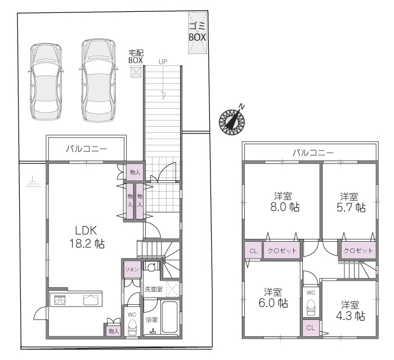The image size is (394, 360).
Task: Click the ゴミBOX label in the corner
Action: point(198,32)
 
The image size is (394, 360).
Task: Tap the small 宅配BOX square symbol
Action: point(136,72)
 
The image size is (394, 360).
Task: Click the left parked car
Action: point(46,82)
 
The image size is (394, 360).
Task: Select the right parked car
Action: point(98,81)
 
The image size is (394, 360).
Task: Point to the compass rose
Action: point(232,121)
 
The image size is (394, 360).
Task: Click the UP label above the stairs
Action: point(163,61)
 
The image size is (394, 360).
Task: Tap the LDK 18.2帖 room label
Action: point(87,237)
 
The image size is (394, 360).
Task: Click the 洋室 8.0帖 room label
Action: point(284,201)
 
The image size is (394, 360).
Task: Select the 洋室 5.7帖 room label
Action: point(351,202)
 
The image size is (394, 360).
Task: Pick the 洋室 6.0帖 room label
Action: point(273,297)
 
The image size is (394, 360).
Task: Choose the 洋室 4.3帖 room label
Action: point(350,310)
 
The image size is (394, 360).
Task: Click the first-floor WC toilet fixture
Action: point(132,327)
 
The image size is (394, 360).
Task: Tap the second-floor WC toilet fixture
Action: point(311,308)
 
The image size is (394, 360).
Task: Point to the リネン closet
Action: point(132,269)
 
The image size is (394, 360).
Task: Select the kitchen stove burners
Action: point(60,300)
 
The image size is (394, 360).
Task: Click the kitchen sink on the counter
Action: point(91,300)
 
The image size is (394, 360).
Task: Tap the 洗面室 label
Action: point(153,289)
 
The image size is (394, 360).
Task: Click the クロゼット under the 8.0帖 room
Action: point(281,250)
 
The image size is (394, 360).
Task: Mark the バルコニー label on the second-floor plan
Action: point(313,153)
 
